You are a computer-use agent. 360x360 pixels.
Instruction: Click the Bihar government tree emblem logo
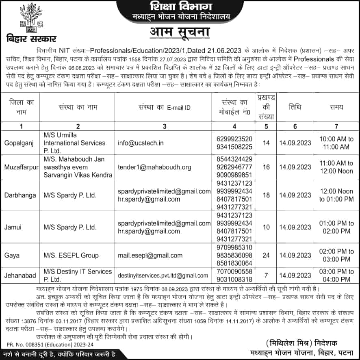tap(26, 19)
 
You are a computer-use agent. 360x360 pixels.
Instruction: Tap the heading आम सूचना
tap(180, 33)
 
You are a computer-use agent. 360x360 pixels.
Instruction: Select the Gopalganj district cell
tap(18, 143)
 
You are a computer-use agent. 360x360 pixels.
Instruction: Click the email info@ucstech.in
tap(141, 143)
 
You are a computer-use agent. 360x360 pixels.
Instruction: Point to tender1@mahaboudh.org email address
tap(154, 167)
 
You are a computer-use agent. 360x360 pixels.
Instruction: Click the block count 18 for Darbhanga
tap(266, 195)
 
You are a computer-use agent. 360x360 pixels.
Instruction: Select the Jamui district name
tap(13, 227)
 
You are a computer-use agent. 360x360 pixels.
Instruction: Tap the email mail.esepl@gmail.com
tap(150, 255)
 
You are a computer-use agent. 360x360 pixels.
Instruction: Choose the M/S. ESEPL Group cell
tap(71, 255)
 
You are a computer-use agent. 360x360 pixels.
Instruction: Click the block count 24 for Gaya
tap(266, 255)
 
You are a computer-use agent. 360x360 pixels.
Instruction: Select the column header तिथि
tap(295, 107)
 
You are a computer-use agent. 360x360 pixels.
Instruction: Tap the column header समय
tap(336, 107)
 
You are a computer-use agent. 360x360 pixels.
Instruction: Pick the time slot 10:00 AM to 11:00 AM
tap(336, 143)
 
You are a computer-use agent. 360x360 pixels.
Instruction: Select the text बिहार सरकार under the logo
tap(31, 39)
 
